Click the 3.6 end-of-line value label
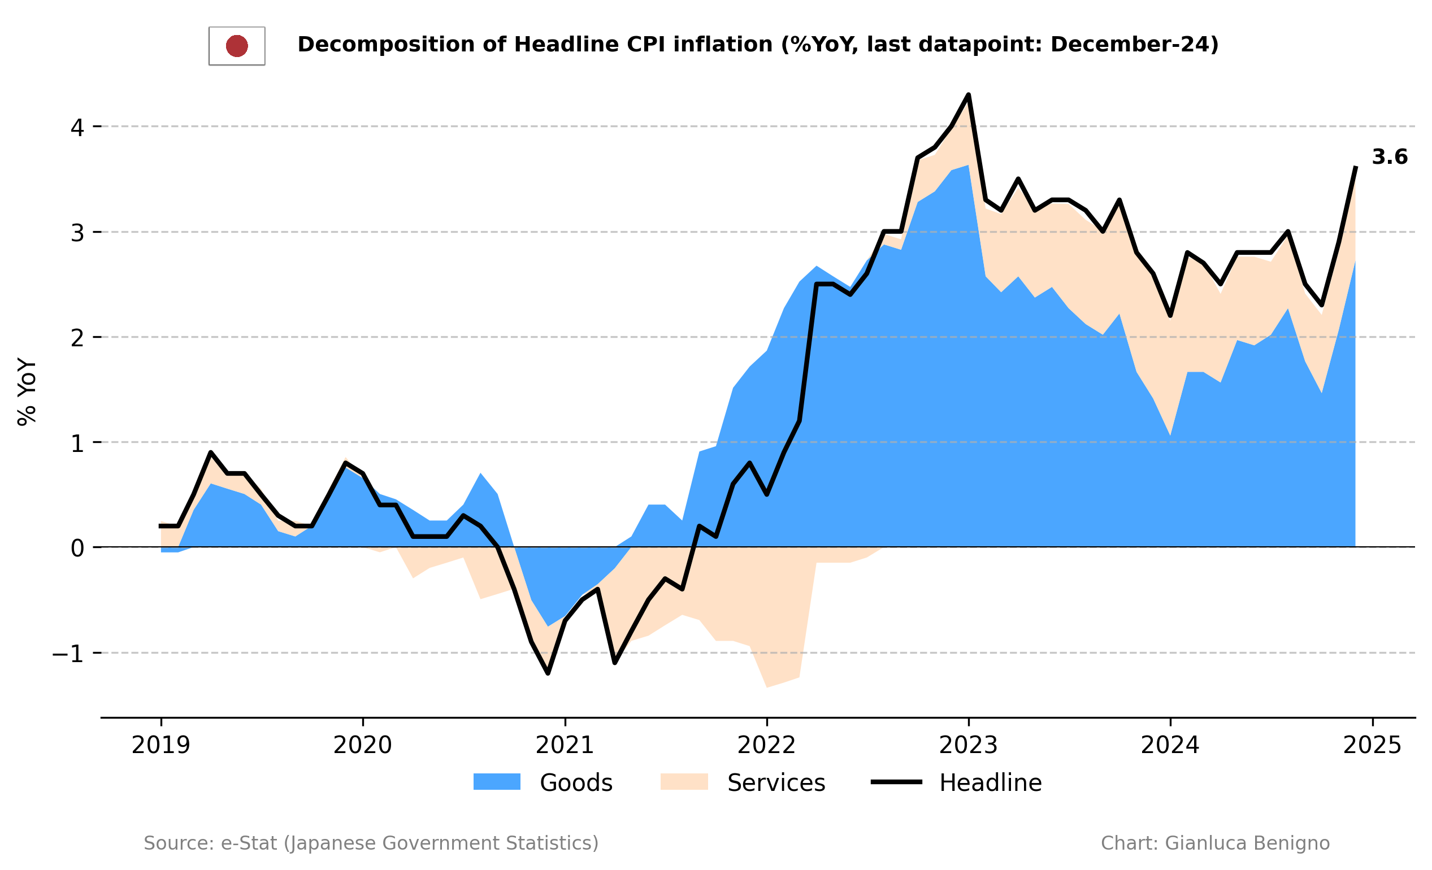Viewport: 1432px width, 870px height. coord(1389,158)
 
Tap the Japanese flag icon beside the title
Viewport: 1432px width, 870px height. coord(237,46)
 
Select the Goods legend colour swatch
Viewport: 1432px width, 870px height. coord(497,782)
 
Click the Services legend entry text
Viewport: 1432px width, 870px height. coord(776,783)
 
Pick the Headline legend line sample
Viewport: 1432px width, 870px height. coord(896,782)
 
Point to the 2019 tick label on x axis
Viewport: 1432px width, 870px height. coord(161,746)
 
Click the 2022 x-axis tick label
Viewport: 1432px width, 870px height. coord(766,746)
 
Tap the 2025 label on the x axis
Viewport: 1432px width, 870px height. coord(1372,746)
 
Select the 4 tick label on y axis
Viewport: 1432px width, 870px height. coord(77,127)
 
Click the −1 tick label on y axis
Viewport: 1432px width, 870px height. coord(68,654)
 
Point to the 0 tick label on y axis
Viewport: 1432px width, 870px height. coord(77,548)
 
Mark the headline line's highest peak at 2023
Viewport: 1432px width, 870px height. coord(968,94)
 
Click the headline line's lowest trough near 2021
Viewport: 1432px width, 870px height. coord(548,673)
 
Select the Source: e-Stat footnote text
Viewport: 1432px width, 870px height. coord(371,843)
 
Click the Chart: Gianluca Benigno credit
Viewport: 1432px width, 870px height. coord(1215,843)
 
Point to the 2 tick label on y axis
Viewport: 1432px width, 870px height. coord(77,338)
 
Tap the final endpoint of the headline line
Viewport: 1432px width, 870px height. coord(1356,167)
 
